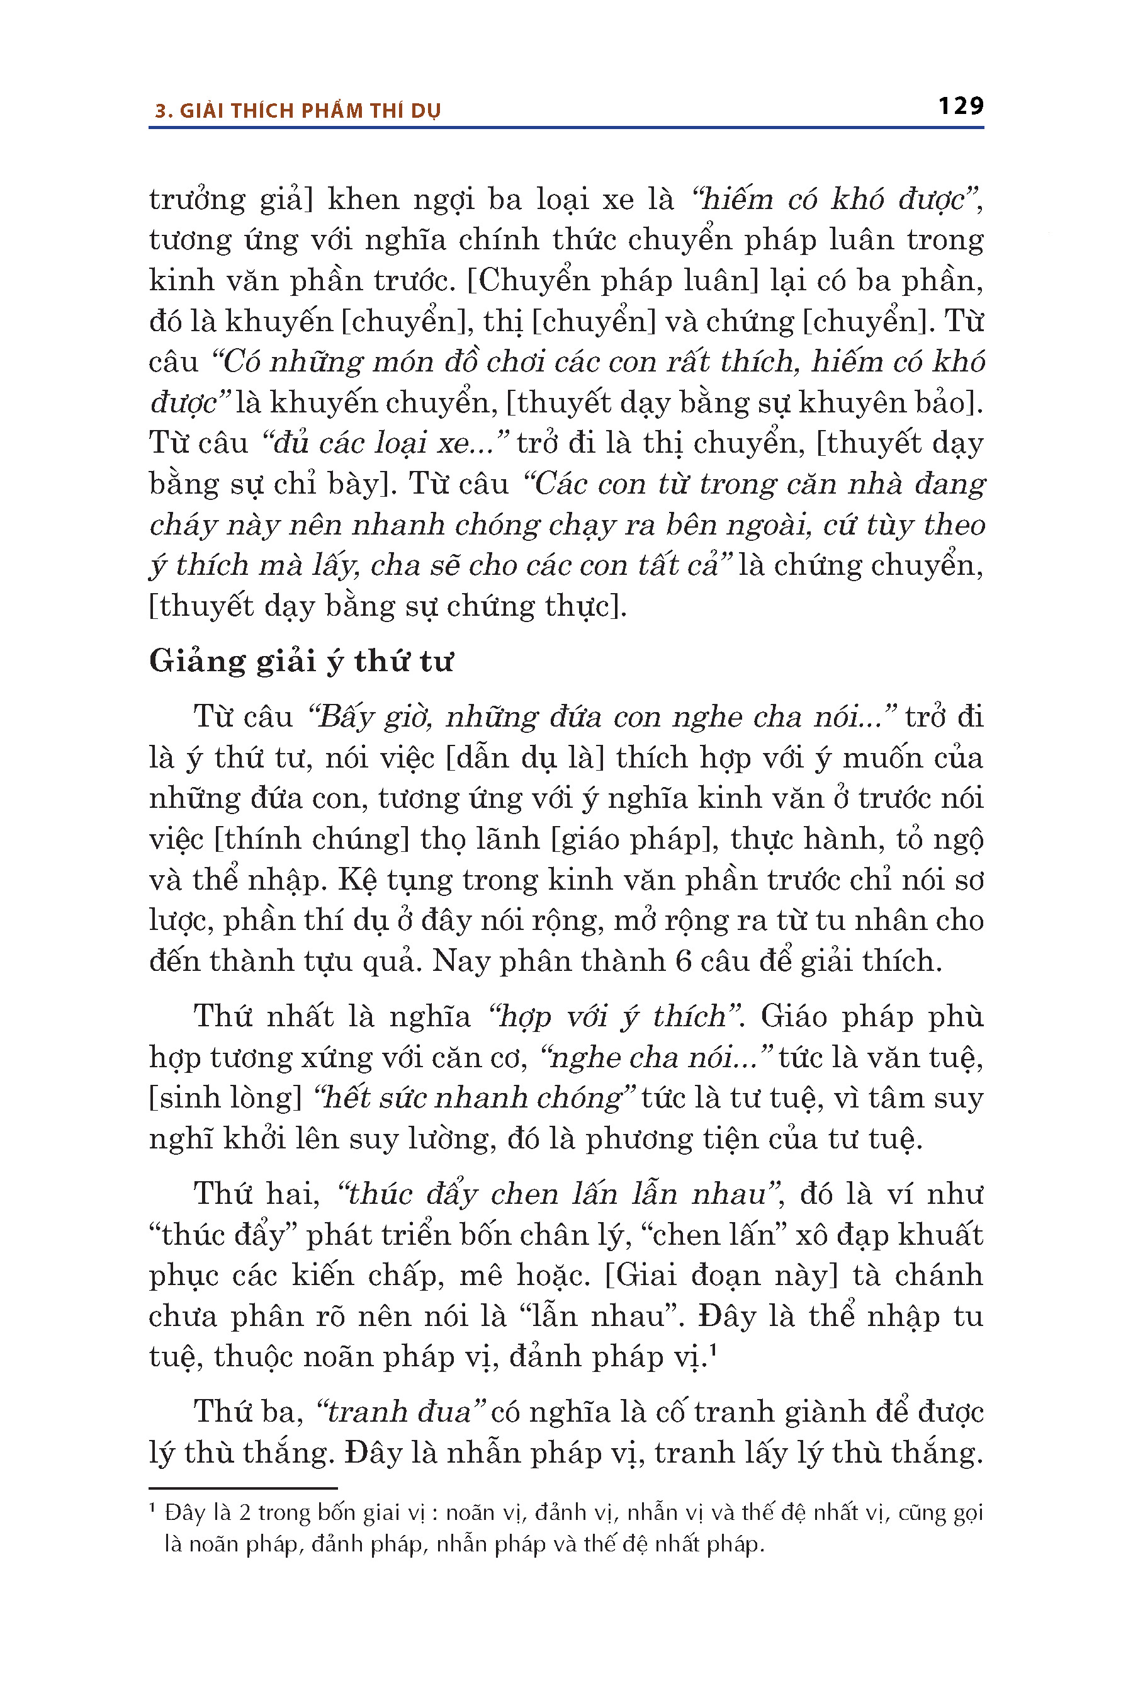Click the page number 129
pyautogui.click(x=961, y=106)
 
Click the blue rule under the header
pyautogui.click(x=566, y=128)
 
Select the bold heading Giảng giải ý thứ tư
pyautogui.click(x=301, y=661)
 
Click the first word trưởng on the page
pyautogui.click(x=196, y=200)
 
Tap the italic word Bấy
pyautogui.click(x=343, y=717)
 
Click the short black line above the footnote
pyautogui.click(x=243, y=1488)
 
